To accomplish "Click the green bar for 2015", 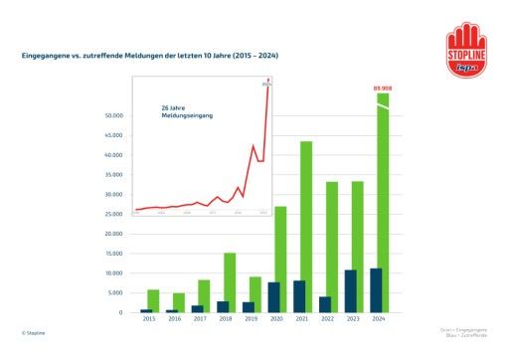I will tap(153, 299).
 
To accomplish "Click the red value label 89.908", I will tap(382, 89).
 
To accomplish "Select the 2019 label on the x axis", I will tap(250, 319).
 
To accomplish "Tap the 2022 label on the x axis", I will tap(325, 319).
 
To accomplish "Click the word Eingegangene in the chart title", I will tap(46, 55).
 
